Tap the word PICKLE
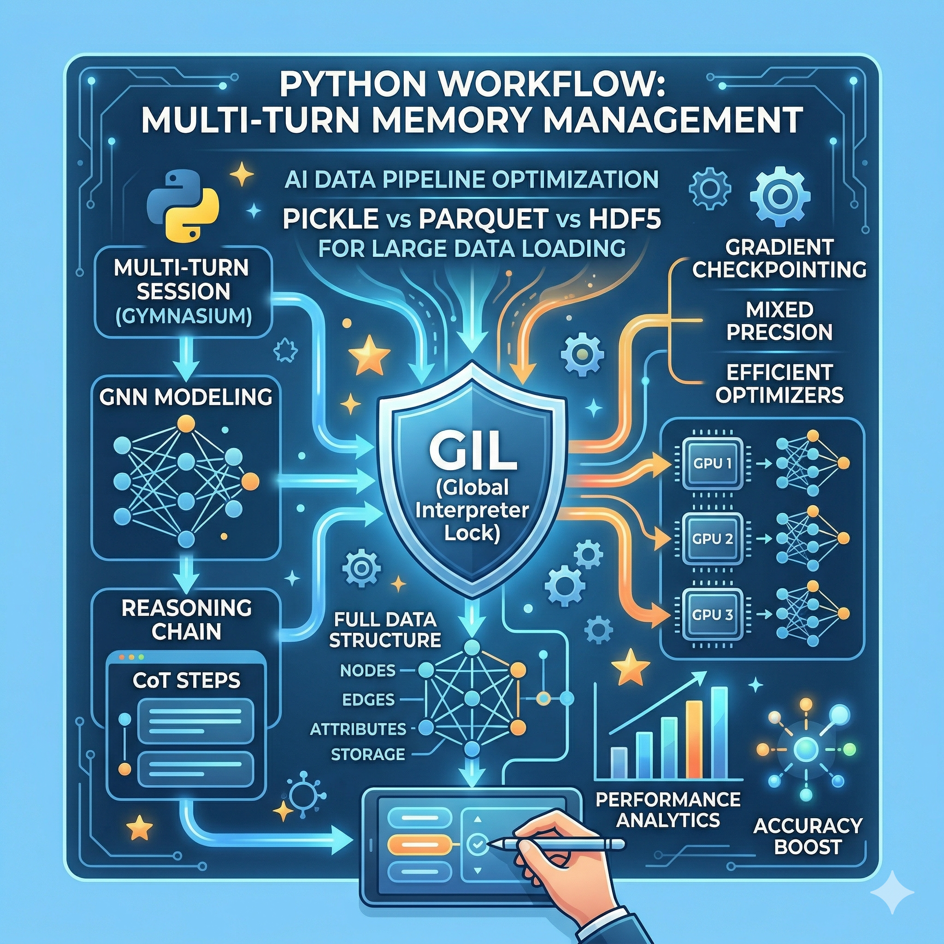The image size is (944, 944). tap(330, 219)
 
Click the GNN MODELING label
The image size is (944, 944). tap(186, 397)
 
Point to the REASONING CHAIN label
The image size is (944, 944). tap(186, 619)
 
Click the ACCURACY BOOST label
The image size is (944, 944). tap(808, 836)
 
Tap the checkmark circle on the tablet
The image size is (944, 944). tap(477, 843)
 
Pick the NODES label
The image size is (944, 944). tap(367, 670)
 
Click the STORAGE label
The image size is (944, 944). tap(368, 755)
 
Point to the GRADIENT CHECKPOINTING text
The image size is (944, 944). tap(779, 259)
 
